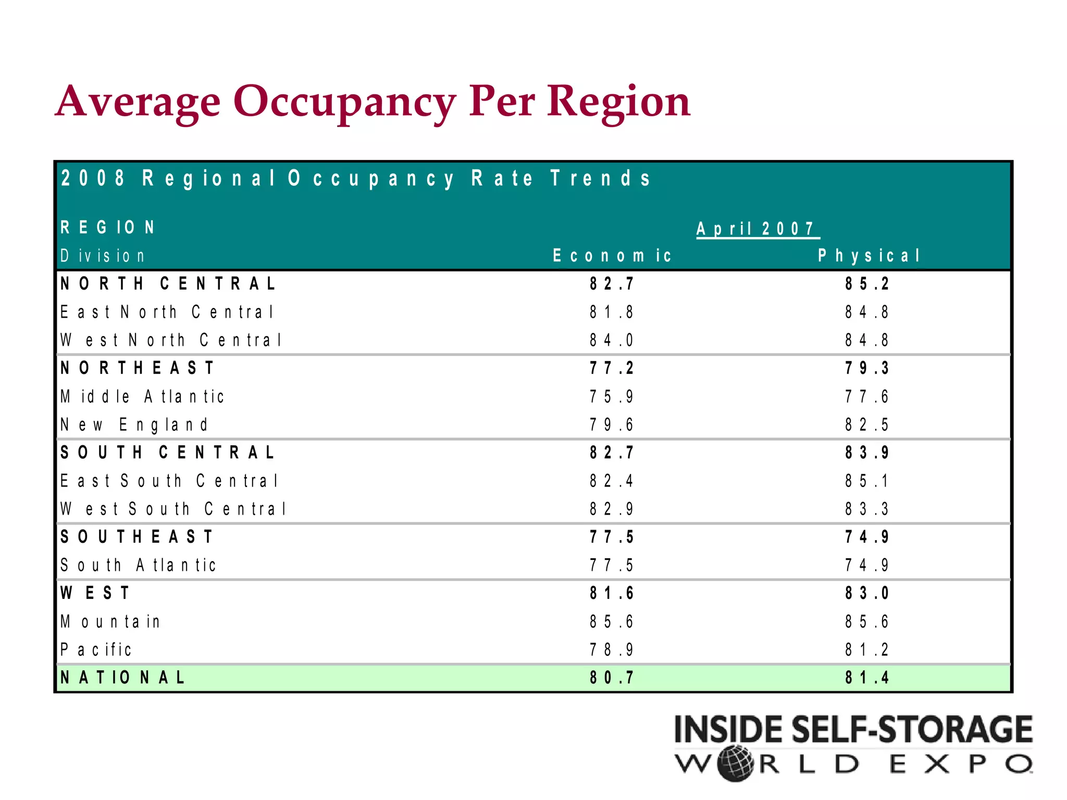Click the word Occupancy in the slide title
tap(344, 102)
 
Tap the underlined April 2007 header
tap(756, 229)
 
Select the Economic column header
tap(612, 256)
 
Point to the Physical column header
tap(869, 256)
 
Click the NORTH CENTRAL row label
tap(168, 284)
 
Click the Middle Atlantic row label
tap(142, 396)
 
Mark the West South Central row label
tap(173, 509)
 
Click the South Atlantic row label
tap(138, 565)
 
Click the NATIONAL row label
tap(122, 678)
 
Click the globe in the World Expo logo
tap(735, 764)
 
